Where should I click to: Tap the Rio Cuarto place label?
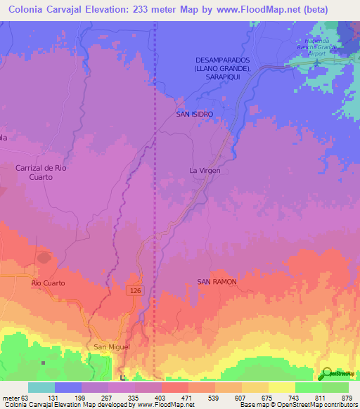47,283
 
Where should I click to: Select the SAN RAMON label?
217,281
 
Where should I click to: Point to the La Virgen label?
204,170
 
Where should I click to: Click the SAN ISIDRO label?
194,113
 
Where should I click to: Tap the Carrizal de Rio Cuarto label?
44,172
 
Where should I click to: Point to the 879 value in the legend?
347,398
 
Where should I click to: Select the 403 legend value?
161,398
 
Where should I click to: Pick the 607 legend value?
241,398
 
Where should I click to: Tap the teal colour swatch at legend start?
41,387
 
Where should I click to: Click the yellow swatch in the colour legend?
281,387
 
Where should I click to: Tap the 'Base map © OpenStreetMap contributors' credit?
298,405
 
